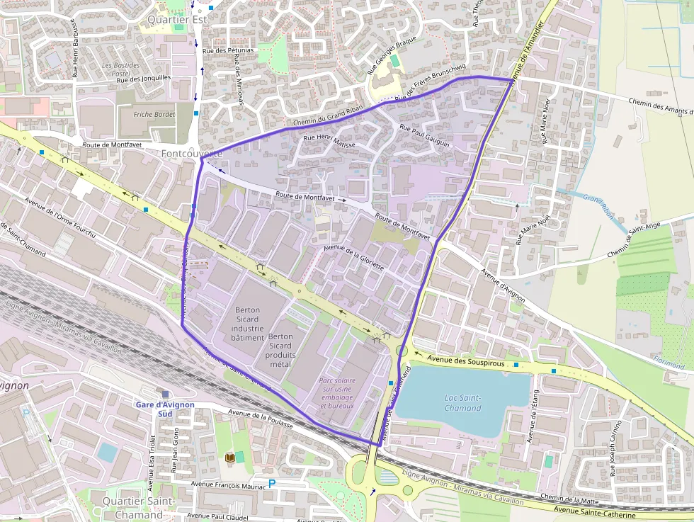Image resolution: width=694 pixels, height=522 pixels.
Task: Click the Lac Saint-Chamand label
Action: point(462,402)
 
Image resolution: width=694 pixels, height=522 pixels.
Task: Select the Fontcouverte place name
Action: point(192,153)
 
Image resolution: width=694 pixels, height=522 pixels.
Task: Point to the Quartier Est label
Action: point(177,20)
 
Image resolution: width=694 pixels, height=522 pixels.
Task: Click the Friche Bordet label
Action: point(154,114)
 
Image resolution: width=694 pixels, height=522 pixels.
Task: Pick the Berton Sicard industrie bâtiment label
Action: point(247,324)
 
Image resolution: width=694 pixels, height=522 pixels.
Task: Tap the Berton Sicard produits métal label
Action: point(280,350)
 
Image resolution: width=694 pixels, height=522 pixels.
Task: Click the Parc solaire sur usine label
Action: point(337,393)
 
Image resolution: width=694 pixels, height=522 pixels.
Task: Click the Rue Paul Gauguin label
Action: point(425,135)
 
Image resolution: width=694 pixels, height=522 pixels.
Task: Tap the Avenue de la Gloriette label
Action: point(353,256)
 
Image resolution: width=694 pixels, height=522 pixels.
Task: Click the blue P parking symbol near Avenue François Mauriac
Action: point(271,484)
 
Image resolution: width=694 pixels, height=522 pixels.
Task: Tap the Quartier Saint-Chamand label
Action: point(132,507)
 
